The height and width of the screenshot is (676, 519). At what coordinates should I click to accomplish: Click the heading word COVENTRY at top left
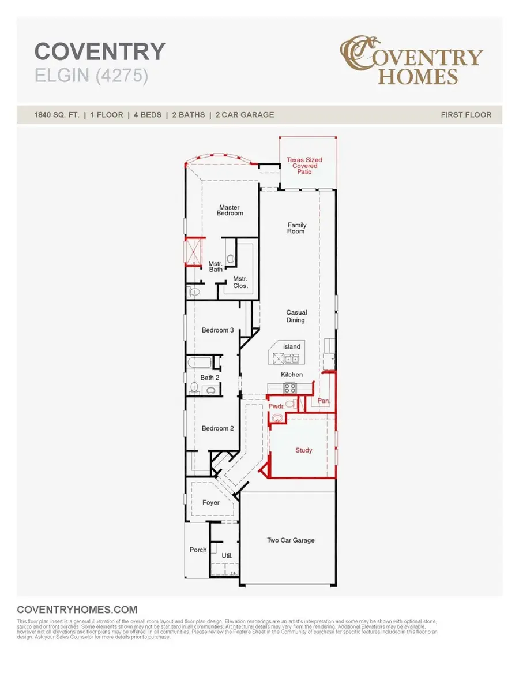[100, 52]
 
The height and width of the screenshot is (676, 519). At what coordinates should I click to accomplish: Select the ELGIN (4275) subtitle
[91, 76]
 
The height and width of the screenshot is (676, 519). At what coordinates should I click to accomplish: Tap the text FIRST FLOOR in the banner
[466, 115]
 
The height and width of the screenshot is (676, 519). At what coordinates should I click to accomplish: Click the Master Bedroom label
[230, 210]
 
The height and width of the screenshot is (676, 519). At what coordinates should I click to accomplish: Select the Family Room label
[297, 228]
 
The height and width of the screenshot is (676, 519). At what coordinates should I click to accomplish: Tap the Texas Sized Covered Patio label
[304, 166]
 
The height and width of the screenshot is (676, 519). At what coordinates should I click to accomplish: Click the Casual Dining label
[296, 316]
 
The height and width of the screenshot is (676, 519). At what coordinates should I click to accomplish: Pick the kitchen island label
[291, 346]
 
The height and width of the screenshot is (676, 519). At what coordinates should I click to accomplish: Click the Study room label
[304, 450]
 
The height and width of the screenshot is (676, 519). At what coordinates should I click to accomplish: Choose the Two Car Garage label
[291, 540]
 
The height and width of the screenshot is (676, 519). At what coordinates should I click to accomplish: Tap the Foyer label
[210, 503]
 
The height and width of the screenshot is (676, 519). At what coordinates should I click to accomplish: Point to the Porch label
[198, 550]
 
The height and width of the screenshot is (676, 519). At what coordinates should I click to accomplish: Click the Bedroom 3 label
[217, 330]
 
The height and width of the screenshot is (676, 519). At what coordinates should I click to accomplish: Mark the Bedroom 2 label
[217, 428]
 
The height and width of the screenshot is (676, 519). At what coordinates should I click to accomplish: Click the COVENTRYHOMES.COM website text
[77, 610]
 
